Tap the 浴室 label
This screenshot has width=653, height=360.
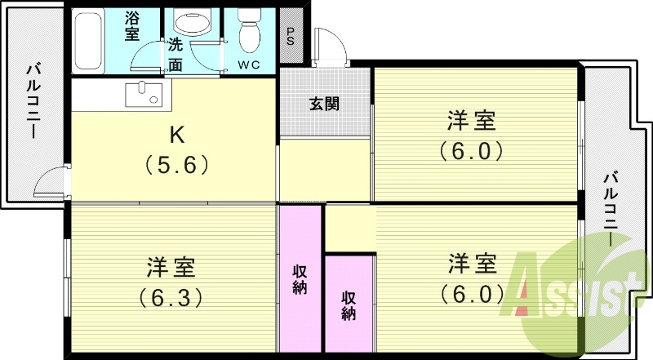[x=132, y=25]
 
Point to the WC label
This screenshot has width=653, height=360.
[x=249, y=65]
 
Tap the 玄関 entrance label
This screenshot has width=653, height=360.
[x=324, y=104]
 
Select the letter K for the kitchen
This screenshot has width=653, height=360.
[x=177, y=134]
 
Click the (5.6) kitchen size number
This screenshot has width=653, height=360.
[x=178, y=165]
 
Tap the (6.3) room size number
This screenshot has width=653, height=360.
[x=171, y=296]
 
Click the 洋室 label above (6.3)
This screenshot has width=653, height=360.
[x=171, y=266]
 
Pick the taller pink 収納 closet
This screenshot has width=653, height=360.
[x=300, y=278]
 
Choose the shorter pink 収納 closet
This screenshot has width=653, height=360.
[x=349, y=304]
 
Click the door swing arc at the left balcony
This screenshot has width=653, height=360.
[x=51, y=181]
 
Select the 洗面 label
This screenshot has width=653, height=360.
[x=175, y=53]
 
